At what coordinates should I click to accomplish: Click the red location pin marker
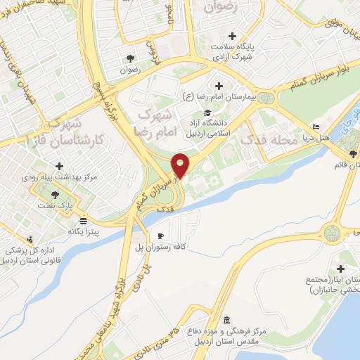click(181, 165)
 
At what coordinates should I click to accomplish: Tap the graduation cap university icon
click(207, 113)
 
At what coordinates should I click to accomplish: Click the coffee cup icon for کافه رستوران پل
click(161, 236)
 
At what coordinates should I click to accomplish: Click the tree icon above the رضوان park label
click(131, 58)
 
